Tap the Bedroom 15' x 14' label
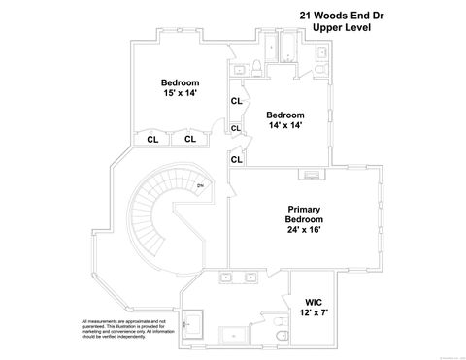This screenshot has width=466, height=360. click(x=180, y=89)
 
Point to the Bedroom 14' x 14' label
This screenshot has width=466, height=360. click(x=285, y=120)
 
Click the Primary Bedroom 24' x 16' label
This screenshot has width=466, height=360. click(x=304, y=219)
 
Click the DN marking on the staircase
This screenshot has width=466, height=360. click(x=200, y=186)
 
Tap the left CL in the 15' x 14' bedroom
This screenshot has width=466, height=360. click(x=153, y=139)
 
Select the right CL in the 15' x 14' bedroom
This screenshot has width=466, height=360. click(x=189, y=139)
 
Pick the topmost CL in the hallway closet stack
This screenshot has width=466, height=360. click(x=236, y=101)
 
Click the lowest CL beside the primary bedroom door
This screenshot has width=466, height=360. click(x=236, y=159)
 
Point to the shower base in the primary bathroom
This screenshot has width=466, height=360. click(x=234, y=335)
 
